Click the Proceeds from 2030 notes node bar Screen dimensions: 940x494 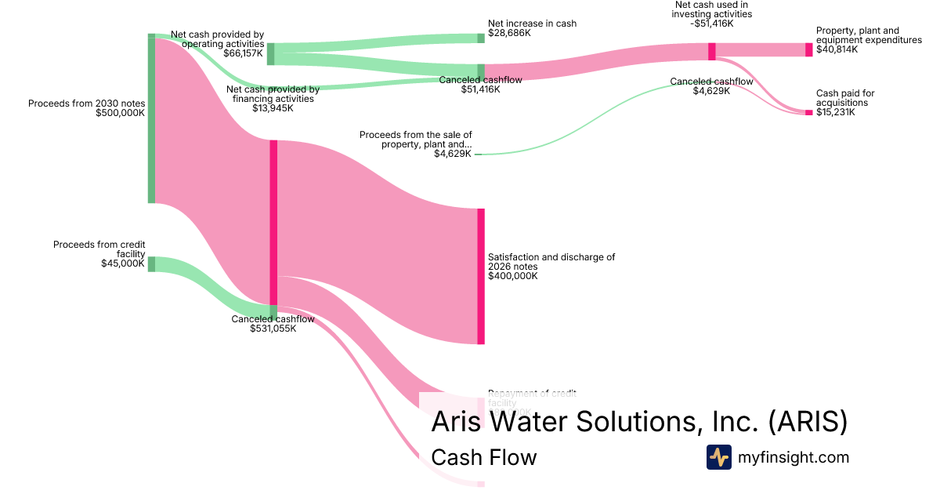pos(152,118)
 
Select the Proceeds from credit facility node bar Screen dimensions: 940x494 pos(151,263)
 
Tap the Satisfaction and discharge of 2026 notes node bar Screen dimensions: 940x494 pos(481,276)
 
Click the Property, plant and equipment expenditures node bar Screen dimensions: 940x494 pos(809,49)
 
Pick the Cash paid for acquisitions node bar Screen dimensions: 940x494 pos(809,113)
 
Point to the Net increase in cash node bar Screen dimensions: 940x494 pos(482,38)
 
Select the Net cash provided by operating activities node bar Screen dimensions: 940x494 pos(271,54)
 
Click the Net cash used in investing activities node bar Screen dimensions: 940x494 pos(712,51)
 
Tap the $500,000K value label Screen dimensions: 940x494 pos(121,113)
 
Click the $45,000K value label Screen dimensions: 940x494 pos(123,263)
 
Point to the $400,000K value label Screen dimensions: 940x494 pos(512,276)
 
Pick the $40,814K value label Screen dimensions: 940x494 pos(837,49)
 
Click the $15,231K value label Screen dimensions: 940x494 pos(836,112)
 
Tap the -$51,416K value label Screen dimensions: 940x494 pos(711,24)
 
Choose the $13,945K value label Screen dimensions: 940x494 pos(273,108)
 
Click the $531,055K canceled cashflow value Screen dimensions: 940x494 pos(273,329)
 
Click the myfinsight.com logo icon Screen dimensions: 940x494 pos(719,457)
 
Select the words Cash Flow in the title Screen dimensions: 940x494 pos(484,457)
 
